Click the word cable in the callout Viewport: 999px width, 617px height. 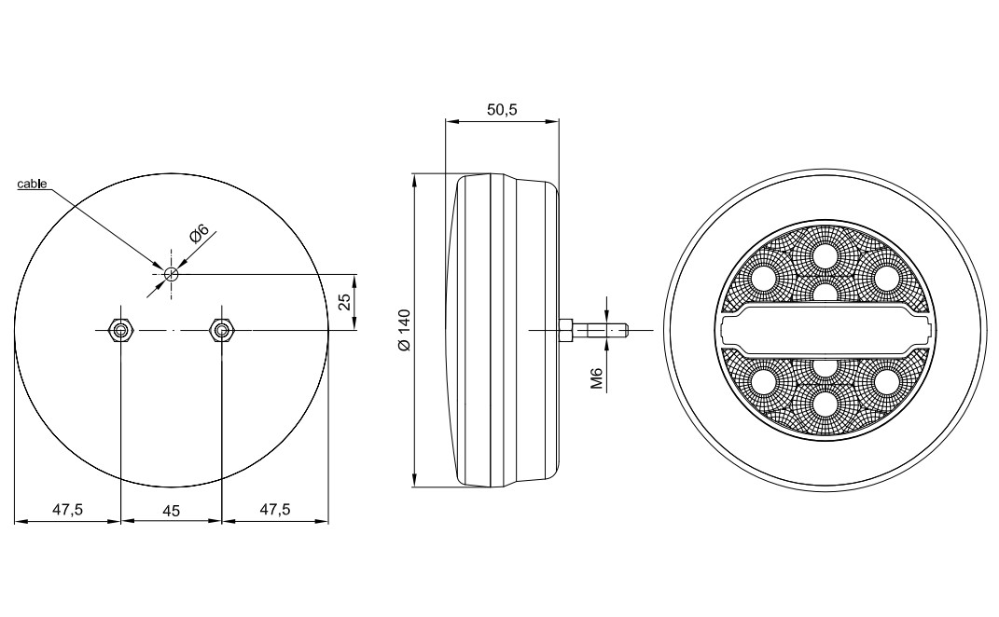tap(32, 184)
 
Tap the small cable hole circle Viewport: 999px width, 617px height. tap(171, 274)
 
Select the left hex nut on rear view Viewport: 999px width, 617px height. tap(119, 331)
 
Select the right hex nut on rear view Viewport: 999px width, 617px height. tap(221, 331)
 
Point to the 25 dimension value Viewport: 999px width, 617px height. tap(345, 302)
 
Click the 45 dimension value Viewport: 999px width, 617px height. tap(172, 511)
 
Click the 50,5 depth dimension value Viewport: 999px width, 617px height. tap(502, 110)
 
